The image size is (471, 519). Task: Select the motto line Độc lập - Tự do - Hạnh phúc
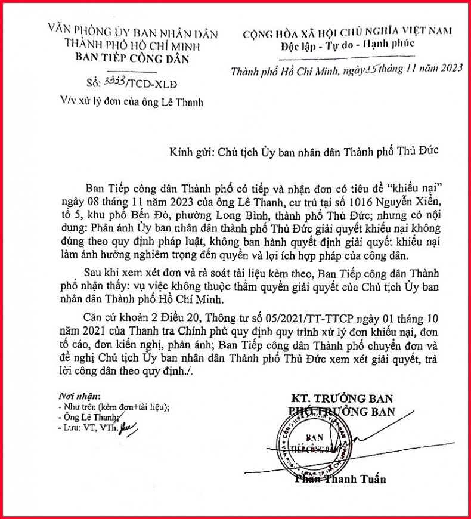click(348, 45)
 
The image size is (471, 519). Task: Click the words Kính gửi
click(181, 150)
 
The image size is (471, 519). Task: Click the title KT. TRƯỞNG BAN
click(342, 398)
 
